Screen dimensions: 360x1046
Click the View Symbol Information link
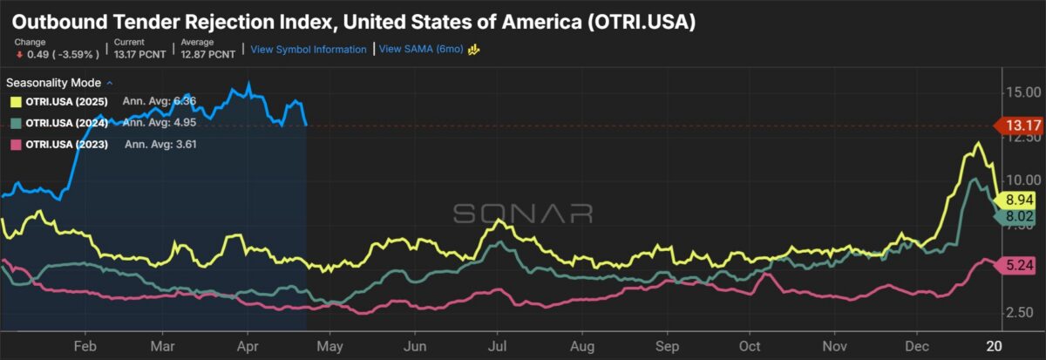tap(309, 50)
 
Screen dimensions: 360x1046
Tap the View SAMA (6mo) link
tap(422, 50)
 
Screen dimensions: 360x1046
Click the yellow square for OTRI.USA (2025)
tap(15, 102)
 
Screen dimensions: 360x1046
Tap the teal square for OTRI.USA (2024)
tap(15, 123)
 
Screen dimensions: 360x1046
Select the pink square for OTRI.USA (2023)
tap(15, 144)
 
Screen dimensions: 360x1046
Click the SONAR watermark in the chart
tap(522, 214)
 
